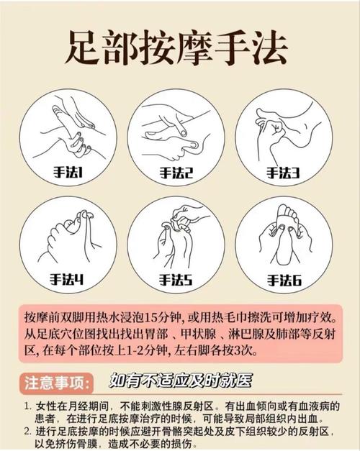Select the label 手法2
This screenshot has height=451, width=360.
[x=176, y=173]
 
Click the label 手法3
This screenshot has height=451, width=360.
[x=282, y=173]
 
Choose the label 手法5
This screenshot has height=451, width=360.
[x=176, y=278]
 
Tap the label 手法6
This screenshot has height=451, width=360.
[x=282, y=278]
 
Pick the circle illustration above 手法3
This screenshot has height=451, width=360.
[x=282, y=133]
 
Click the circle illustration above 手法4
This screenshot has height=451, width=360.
[x=72, y=241]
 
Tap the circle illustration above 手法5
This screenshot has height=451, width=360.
[x=176, y=241]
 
